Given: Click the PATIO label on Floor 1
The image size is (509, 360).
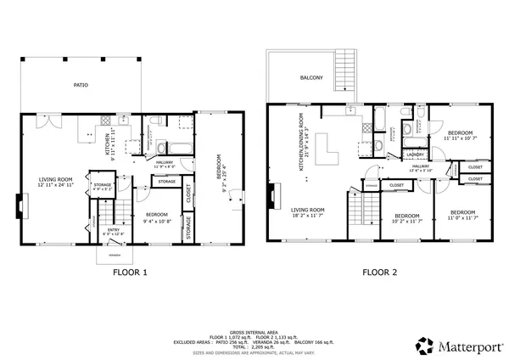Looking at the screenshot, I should coord(81,84).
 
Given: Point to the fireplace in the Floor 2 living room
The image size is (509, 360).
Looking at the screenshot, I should coord(271,195).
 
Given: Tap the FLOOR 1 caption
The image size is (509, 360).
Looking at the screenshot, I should coord(131,273).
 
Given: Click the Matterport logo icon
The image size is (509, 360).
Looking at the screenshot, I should coord(422,345).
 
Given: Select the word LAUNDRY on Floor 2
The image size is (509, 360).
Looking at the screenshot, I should coord(415,155).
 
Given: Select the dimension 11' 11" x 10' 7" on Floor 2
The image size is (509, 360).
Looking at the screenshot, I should coord(460,139).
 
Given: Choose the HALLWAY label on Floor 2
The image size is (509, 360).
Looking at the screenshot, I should coord(422,166).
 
